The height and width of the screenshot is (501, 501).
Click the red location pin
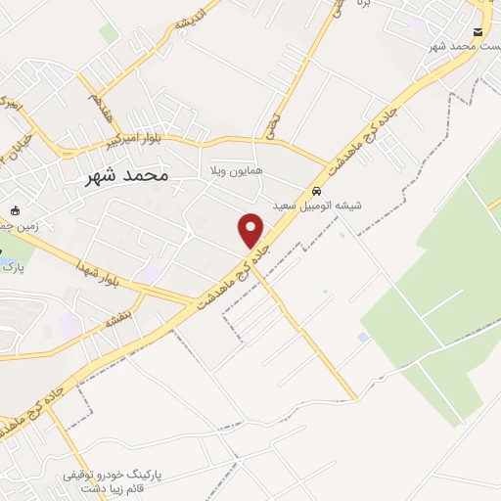(x=251, y=230)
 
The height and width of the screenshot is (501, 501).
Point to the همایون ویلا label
(x=230, y=171)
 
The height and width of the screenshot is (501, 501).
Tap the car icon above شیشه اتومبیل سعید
(x=315, y=191)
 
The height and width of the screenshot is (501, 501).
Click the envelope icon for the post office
(x=477, y=30)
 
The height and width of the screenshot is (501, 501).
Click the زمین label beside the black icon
(x=19, y=226)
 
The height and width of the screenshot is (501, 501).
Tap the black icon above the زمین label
(x=15, y=210)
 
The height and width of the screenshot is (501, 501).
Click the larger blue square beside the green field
(x=364, y=337)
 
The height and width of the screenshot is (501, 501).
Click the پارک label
(x=9, y=266)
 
